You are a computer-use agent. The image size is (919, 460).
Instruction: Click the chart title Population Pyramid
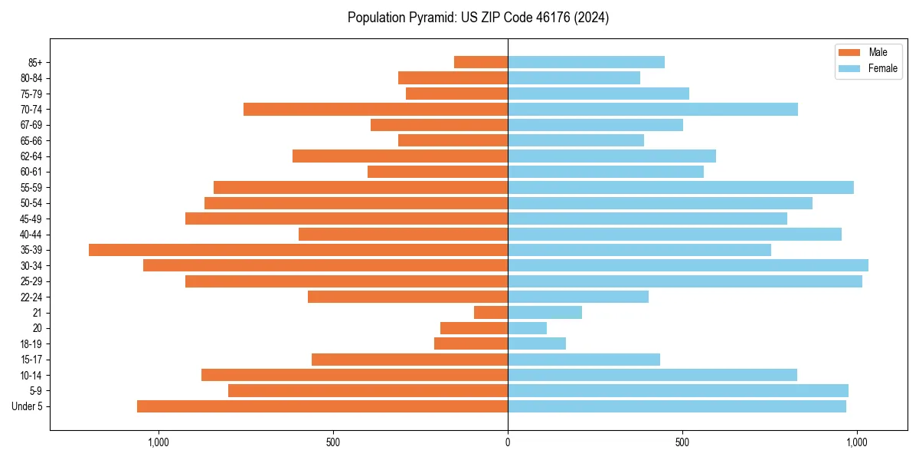click(478, 18)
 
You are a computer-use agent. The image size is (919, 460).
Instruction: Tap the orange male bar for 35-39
click(298, 250)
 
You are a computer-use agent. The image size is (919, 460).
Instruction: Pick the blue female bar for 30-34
click(688, 265)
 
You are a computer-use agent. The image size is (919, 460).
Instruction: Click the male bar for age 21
click(491, 312)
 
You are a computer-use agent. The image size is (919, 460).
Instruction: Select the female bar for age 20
click(527, 328)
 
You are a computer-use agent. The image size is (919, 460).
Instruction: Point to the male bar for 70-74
click(375, 109)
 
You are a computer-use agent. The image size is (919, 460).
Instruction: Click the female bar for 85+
click(586, 62)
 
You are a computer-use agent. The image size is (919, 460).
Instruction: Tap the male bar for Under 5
click(322, 406)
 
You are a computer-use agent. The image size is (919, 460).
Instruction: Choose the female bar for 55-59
click(680, 187)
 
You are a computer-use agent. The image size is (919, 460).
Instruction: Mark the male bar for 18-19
click(471, 343)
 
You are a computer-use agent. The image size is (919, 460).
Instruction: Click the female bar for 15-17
click(584, 360)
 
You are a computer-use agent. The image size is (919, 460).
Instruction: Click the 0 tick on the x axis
click(508, 442)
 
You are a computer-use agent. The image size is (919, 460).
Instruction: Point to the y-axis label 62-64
click(31, 156)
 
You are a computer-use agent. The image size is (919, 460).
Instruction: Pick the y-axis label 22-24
click(31, 297)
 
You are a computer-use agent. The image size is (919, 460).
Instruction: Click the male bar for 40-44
click(403, 234)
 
